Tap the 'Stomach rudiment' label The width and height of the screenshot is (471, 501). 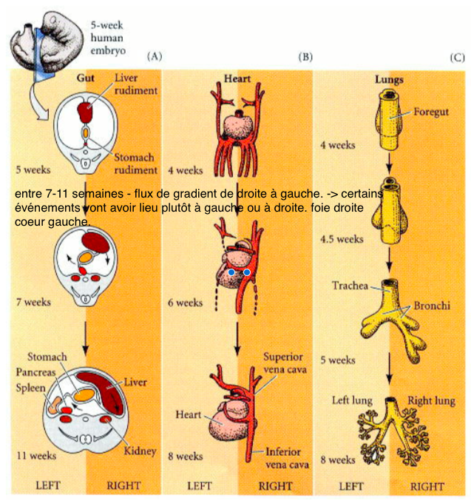[135, 163]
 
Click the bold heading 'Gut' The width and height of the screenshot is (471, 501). [86, 76]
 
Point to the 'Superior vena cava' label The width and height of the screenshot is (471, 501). [282, 363]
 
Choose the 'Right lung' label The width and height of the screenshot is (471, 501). [433, 400]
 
